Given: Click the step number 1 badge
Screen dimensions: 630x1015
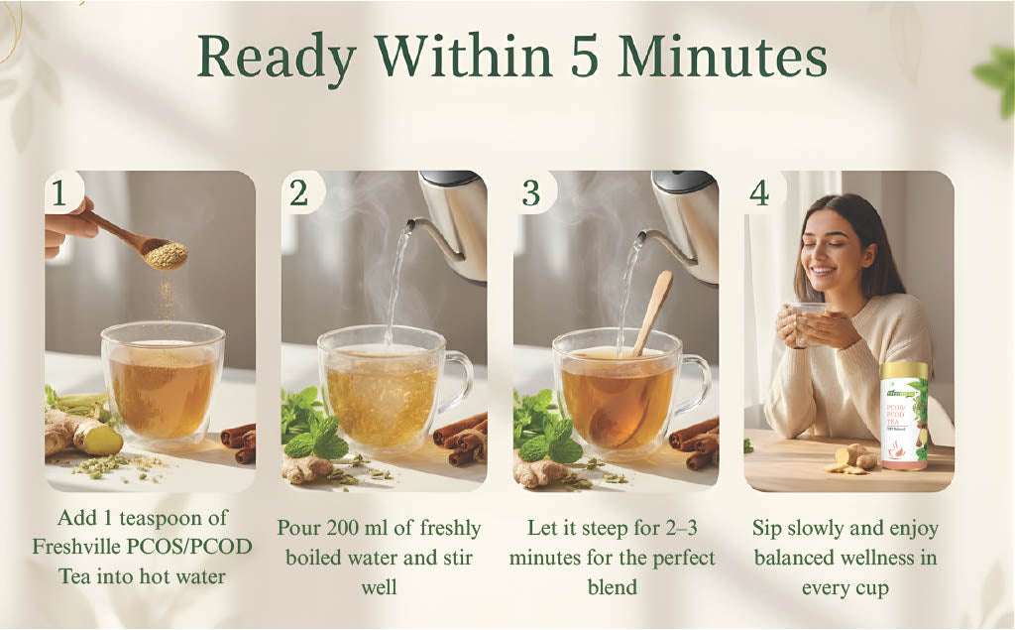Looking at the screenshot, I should pyautogui.click(x=60, y=193).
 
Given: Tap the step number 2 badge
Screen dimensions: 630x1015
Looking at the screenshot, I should pyautogui.click(x=298, y=193).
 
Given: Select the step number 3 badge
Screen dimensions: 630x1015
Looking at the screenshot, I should pyautogui.click(x=532, y=193).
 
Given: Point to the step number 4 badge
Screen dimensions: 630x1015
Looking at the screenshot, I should pyautogui.click(x=758, y=192).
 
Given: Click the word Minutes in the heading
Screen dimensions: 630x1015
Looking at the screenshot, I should pyautogui.click(x=723, y=59).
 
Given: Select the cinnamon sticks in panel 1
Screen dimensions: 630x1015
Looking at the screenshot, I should pyautogui.click(x=239, y=442).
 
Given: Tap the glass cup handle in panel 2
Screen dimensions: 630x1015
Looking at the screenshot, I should pyautogui.click(x=458, y=382).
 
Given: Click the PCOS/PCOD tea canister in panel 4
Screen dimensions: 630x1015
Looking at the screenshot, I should pyautogui.click(x=904, y=415).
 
